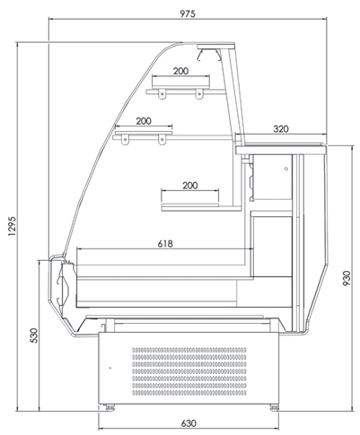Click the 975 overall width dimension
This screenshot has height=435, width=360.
click(x=188, y=13)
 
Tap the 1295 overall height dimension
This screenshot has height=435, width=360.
click(x=12, y=226)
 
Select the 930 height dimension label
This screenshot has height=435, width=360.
click(x=347, y=278)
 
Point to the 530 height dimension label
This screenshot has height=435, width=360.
click(x=34, y=335)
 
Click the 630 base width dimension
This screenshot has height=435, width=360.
click(x=189, y=423)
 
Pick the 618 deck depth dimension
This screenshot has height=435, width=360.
click(x=165, y=244)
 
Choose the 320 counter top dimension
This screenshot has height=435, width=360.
click(x=281, y=129)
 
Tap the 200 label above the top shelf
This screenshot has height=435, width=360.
click(x=180, y=71)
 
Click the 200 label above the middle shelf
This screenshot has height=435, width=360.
click(x=144, y=121)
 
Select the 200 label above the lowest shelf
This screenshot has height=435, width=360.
click(x=190, y=186)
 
